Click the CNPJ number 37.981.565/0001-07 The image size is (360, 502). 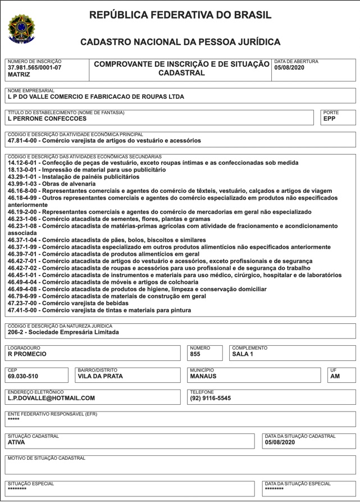tap(35, 67)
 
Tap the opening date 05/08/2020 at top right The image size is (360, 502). tap(289, 67)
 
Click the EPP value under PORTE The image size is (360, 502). tap(330, 119)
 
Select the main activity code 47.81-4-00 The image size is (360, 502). tap(26, 141)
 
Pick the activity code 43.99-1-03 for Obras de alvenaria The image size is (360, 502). tap(26, 184)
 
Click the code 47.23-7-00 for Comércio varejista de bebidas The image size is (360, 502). tap(26, 303)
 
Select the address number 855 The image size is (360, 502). tap(195, 355)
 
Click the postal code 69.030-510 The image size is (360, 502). tap(23, 377)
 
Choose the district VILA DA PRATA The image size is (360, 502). tap(100, 377)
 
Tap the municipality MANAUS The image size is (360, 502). tap(203, 377)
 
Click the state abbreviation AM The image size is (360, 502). tap(335, 377)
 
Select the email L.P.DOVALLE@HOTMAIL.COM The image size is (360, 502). tap(51, 399)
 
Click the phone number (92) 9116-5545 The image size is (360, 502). tap(211, 399)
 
